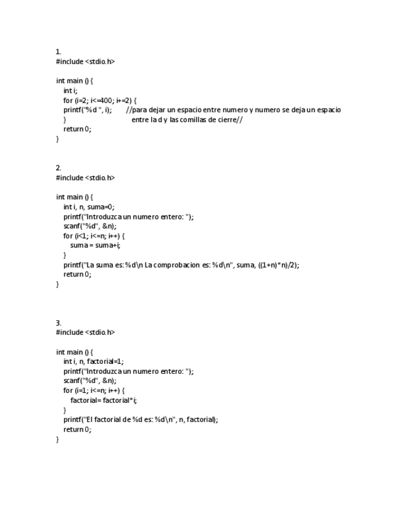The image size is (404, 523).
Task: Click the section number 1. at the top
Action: tap(59, 52)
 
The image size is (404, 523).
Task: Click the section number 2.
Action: tap(59, 168)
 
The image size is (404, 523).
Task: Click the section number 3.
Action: tap(59, 323)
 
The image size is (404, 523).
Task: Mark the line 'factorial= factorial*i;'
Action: tap(104, 400)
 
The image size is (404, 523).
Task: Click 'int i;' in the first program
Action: tap(70, 91)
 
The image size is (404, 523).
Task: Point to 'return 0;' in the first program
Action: tap(77, 129)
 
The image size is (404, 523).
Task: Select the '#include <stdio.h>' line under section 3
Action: tap(85, 332)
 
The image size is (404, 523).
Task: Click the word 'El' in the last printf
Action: tap(91, 419)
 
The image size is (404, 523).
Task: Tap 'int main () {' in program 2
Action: tap(75, 197)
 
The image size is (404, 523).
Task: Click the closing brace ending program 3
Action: tap(58, 439)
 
